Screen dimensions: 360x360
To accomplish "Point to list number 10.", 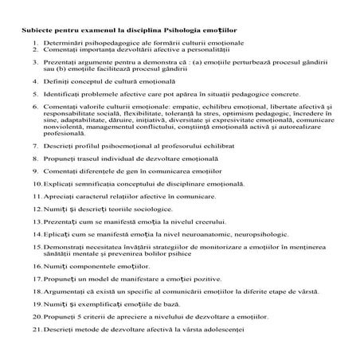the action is (x=36, y=182).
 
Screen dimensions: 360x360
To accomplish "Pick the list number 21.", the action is (x=36, y=328).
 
